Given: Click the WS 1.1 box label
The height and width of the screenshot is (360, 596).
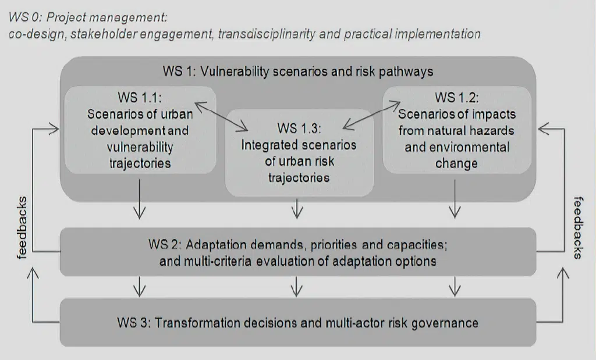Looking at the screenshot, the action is click(x=140, y=98).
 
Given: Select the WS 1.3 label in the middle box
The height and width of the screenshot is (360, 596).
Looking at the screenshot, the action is click(x=299, y=129).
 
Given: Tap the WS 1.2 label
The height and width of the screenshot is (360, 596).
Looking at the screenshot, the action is click(x=457, y=98).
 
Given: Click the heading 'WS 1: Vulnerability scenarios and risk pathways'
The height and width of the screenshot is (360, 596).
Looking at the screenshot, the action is click(x=298, y=72).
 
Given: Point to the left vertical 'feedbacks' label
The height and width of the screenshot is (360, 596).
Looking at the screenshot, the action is click(x=22, y=228).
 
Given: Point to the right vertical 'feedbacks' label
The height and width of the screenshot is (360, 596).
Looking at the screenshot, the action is click(x=578, y=228).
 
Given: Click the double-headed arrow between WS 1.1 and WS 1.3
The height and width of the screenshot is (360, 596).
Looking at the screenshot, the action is click(x=221, y=116).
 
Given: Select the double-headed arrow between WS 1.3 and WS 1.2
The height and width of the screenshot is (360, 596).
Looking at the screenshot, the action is click(x=372, y=115).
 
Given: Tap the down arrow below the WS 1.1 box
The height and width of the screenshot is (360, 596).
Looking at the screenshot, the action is click(x=140, y=199).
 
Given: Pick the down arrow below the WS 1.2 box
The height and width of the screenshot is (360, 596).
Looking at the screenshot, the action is click(x=455, y=199).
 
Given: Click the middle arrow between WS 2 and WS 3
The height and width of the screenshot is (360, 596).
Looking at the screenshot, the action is click(x=297, y=286).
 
